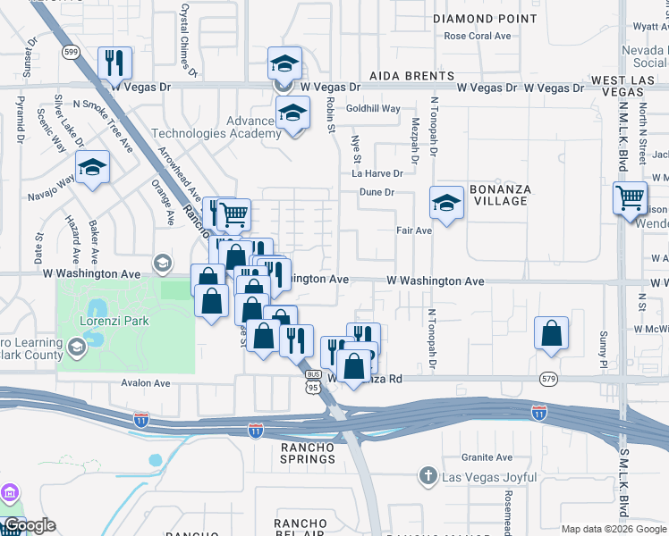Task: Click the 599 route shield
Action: coord(70,53)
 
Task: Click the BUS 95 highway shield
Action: coord(312,382)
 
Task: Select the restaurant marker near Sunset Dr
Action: coord(114,63)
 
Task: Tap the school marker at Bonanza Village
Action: coord(446,203)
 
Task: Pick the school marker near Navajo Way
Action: coord(92,168)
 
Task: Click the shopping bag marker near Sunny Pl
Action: coord(552,333)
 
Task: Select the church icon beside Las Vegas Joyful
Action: coord(428,478)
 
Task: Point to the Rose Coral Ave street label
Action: coord(477,37)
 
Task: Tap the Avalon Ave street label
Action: coord(146,383)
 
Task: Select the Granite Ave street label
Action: coord(487,456)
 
